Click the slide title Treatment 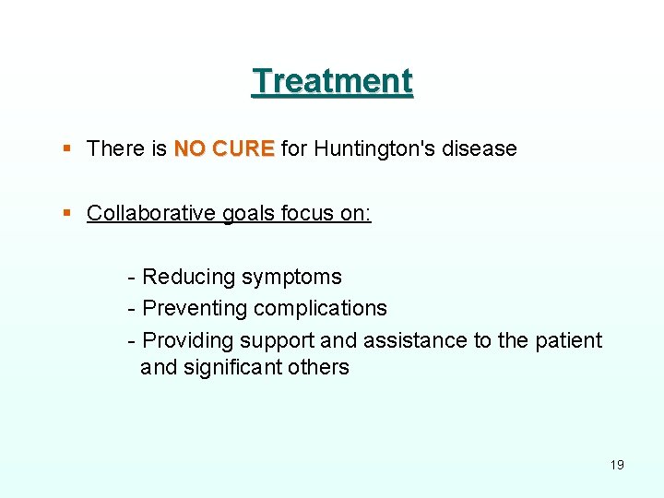tap(332, 81)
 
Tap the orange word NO tap(190, 148)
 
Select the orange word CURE tap(243, 148)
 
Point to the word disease tap(480, 148)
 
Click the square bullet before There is tap(66, 148)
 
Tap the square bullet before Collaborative tap(66, 213)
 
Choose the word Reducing tap(187, 277)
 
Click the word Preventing tap(195, 308)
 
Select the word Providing tap(187, 340)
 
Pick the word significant tap(232, 367)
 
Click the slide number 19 tap(617, 465)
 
